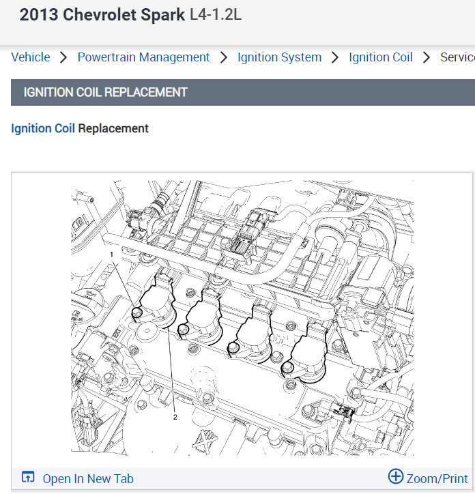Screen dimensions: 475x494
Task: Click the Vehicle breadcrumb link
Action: [31, 57]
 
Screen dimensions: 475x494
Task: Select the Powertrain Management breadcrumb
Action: [143, 57]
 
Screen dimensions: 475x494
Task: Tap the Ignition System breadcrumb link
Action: [280, 57]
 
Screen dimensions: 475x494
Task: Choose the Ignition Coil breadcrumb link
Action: [381, 57]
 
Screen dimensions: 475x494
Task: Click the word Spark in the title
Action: [162, 15]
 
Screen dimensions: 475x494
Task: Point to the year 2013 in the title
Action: [39, 15]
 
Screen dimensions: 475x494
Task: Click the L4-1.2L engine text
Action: [216, 15]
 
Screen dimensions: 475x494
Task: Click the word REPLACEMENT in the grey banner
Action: [146, 92]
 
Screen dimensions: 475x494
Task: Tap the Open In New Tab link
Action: [88, 479]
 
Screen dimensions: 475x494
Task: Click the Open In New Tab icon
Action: [28, 477]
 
